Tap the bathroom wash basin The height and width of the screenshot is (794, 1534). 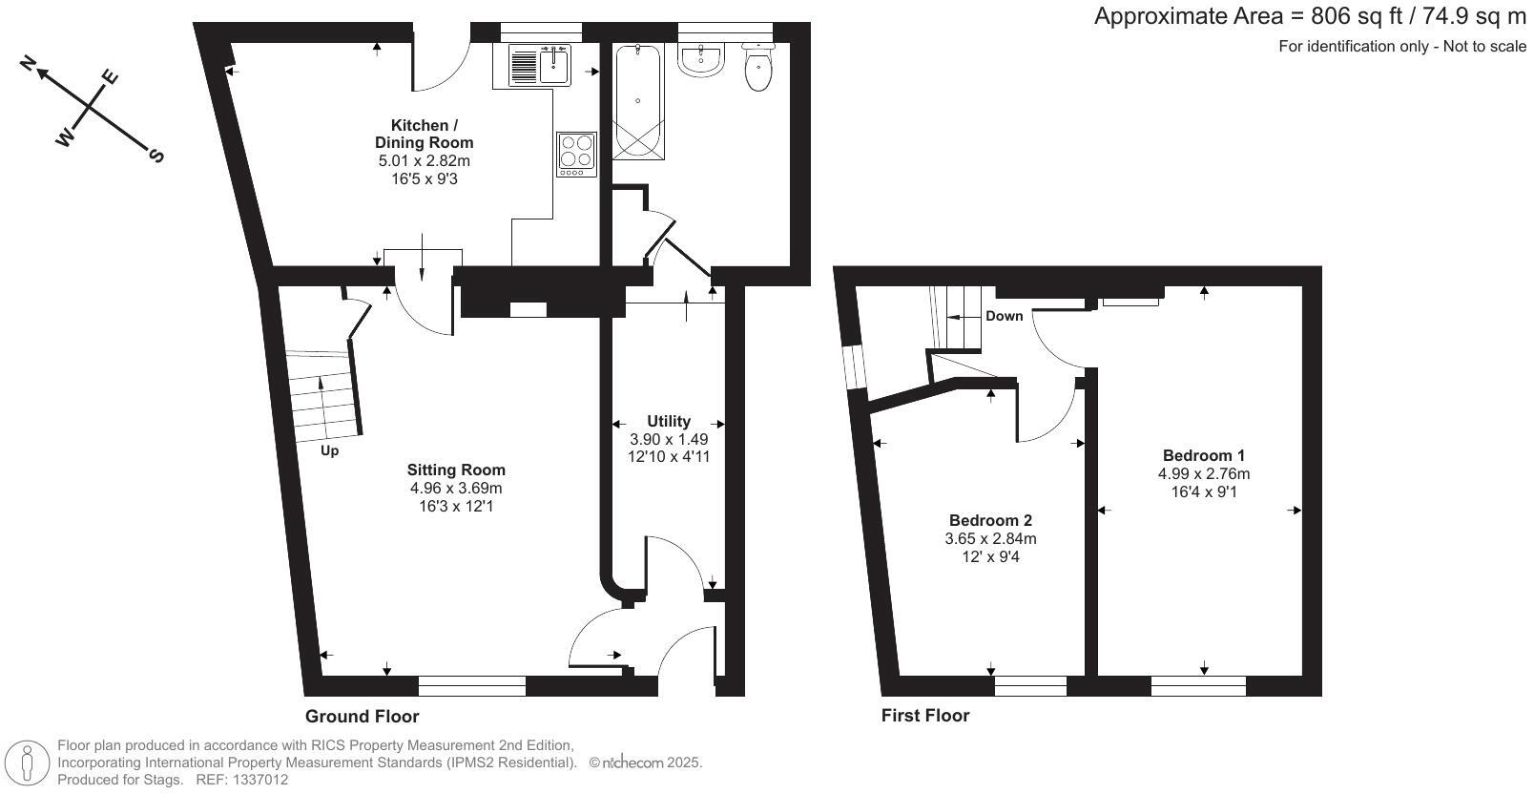(702, 60)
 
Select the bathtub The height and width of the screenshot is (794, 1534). (637, 101)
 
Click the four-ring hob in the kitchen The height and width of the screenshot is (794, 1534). (576, 153)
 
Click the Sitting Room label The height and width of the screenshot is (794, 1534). (456, 470)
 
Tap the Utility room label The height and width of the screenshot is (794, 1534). (668, 421)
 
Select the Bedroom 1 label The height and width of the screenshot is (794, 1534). (1203, 455)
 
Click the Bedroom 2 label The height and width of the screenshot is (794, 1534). (990, 520)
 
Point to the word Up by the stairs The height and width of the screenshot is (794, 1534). (329, 450)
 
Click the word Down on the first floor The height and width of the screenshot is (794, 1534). (1004, 316)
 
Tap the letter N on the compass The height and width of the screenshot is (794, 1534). (29, 63)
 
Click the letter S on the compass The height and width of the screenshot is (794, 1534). (157, 156)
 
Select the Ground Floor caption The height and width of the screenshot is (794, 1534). (362, 716)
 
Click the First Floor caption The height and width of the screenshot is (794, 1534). (924, 715)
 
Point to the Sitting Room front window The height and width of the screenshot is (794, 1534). (471, 685)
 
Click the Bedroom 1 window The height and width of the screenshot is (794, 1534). (1198, 685)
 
